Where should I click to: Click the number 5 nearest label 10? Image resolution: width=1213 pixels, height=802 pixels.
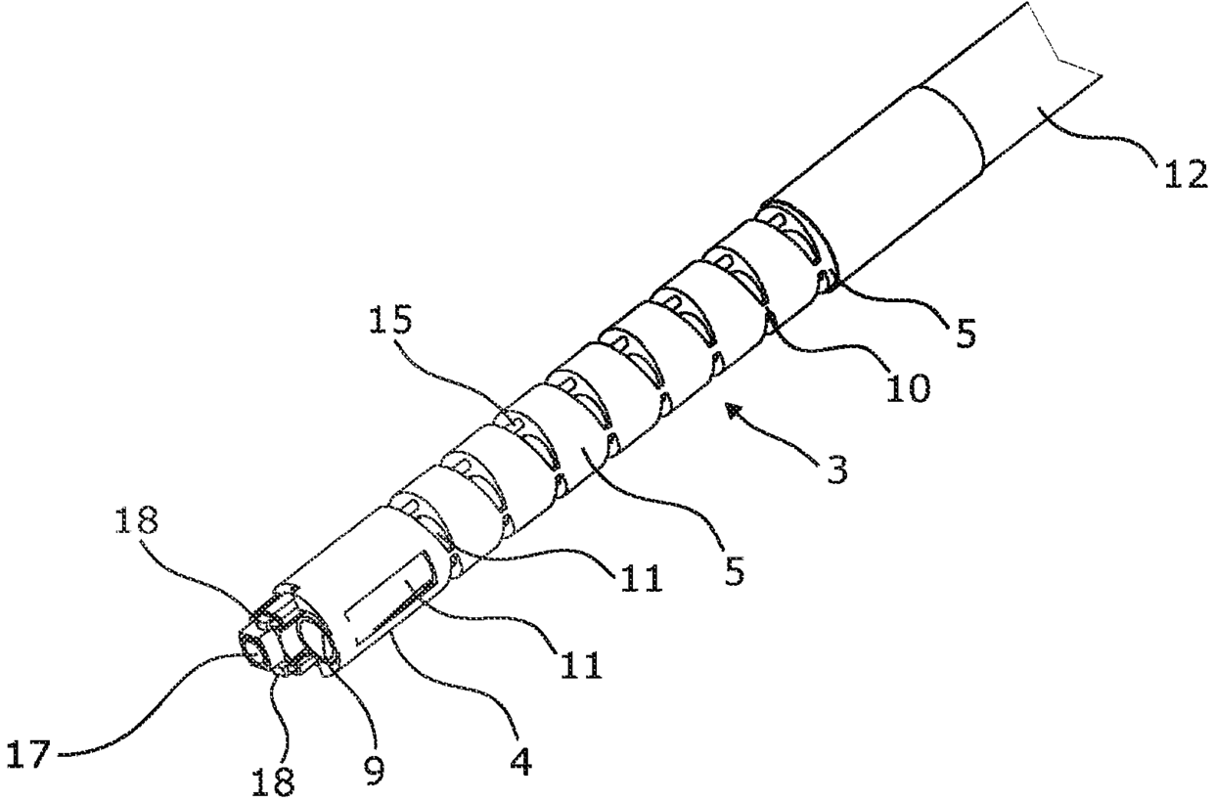[x=965, y=335]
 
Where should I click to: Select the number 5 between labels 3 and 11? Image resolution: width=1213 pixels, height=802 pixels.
[x=734, y=571]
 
